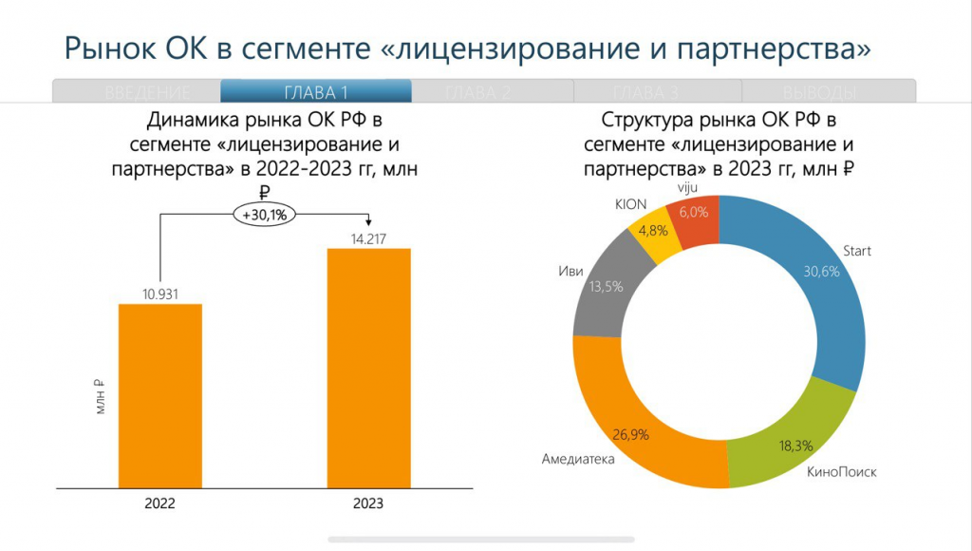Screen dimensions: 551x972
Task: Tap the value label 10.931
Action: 160,293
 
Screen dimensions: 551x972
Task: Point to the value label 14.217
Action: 369,237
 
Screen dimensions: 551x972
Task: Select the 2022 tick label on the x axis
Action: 160,503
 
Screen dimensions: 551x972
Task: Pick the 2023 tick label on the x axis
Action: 369,503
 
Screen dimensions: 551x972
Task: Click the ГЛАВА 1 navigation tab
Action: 316,92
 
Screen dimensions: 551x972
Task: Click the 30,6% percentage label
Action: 822,271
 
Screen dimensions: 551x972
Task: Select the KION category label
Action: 631,204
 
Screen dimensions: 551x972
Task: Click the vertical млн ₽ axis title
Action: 99,400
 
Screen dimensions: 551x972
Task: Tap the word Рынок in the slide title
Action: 111,47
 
